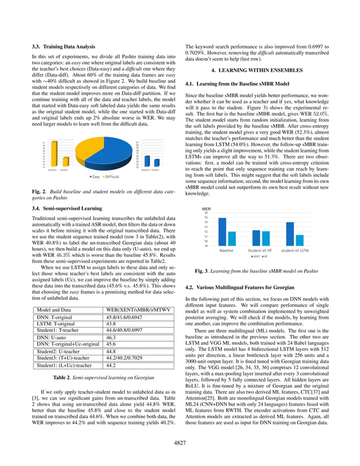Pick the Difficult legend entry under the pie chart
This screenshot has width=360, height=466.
click(x=113, y=177)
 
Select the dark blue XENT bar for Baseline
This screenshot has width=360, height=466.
click(x=222, y=231)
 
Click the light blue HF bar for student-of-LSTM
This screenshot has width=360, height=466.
click(x=300, y=240)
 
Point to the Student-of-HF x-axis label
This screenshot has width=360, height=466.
click(x=260, y=250)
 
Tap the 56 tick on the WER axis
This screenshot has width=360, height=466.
click(x=206, y=213)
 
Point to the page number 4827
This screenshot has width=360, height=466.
click(x=180, y=444)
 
